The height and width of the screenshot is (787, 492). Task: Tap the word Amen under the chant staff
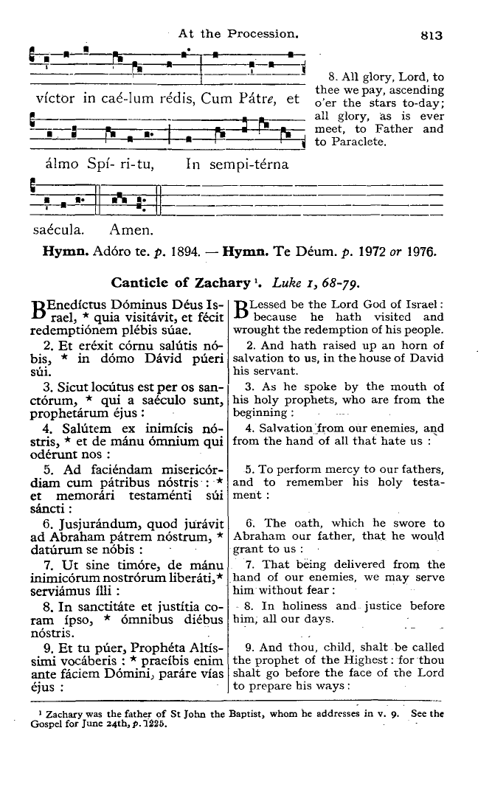131,228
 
